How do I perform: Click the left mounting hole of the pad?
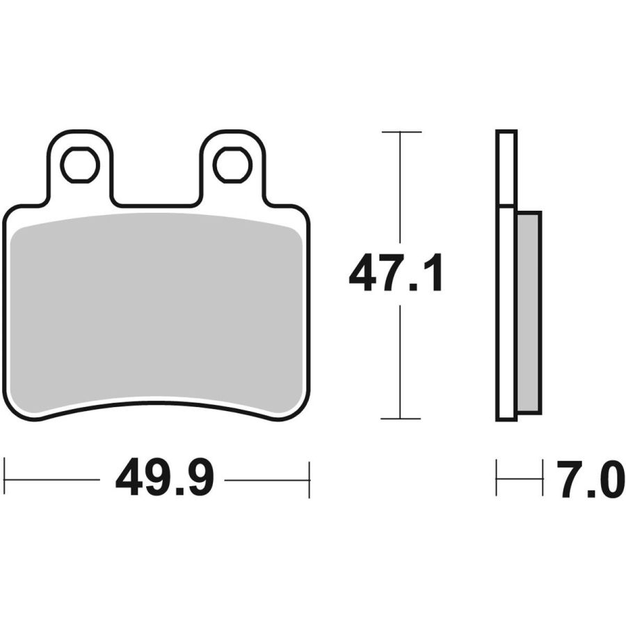coord(80,165)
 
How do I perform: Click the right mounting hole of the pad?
coord(232,165)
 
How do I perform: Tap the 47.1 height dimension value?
coord(396,272)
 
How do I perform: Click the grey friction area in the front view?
coord(156,314)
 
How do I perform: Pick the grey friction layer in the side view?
coord(529,312)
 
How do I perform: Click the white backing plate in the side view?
coord(506,275)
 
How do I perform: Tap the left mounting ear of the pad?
coord(80,168)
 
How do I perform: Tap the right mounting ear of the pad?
coord(232,168)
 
